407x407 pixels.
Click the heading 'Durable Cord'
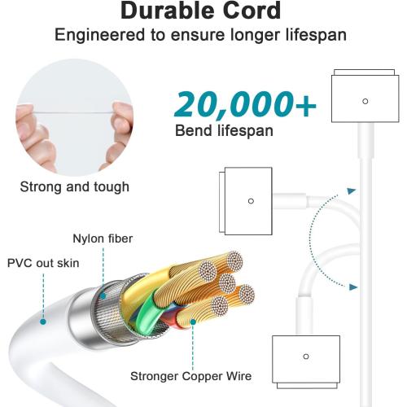point(200,11)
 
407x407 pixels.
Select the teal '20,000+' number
point(245,105)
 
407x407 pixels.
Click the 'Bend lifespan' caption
point(224,130)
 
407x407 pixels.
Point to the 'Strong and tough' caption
point(75,187)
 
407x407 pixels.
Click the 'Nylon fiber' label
point(103,239)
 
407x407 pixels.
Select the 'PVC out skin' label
point(43,263)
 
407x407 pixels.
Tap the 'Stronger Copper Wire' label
point(191,376)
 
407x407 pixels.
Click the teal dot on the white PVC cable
point(43,322)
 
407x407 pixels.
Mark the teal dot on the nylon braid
point(103,295)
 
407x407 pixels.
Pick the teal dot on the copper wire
point(193,322)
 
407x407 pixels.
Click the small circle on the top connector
point(365,101)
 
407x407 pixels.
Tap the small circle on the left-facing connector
point(251,201)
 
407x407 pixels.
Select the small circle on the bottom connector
point(306,357)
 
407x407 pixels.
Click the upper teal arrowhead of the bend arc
point(352,191)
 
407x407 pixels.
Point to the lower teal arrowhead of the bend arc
point(353,287)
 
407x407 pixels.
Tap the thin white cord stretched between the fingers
point(73,112)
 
